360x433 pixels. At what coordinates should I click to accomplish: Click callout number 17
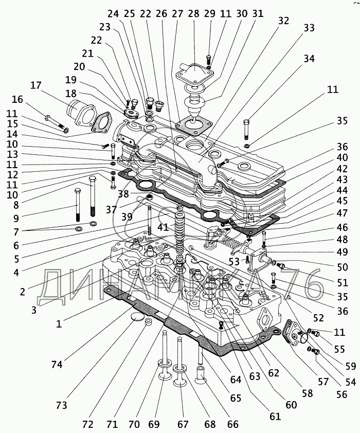pyautogui.click(x=35, y=85)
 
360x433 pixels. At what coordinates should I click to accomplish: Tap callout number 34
pyautogui.click(x=308, y=59)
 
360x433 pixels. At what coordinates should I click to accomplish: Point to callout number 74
pyautogui.click(x=57, y=364)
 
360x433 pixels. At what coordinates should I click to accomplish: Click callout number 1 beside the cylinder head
pyautogui.click(x=59, y=324)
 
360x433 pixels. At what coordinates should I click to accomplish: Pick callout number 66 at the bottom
pyautogui.click(x=233, y=424)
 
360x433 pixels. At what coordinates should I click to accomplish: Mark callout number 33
pyautogui.click(x=309, y=28)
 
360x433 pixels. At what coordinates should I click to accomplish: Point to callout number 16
pyautogui.click(x=17, y=99)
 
